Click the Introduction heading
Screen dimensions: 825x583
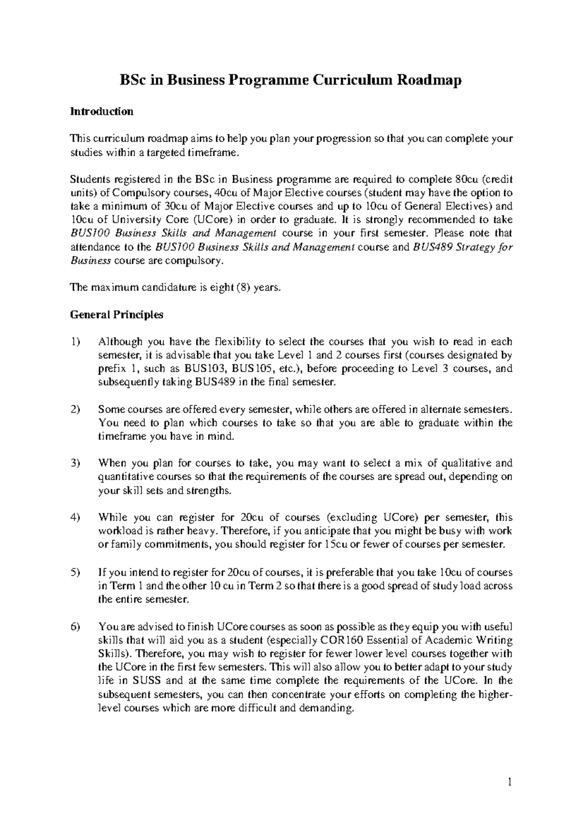pos(102,112)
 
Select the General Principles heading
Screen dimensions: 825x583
pos(117,315)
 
